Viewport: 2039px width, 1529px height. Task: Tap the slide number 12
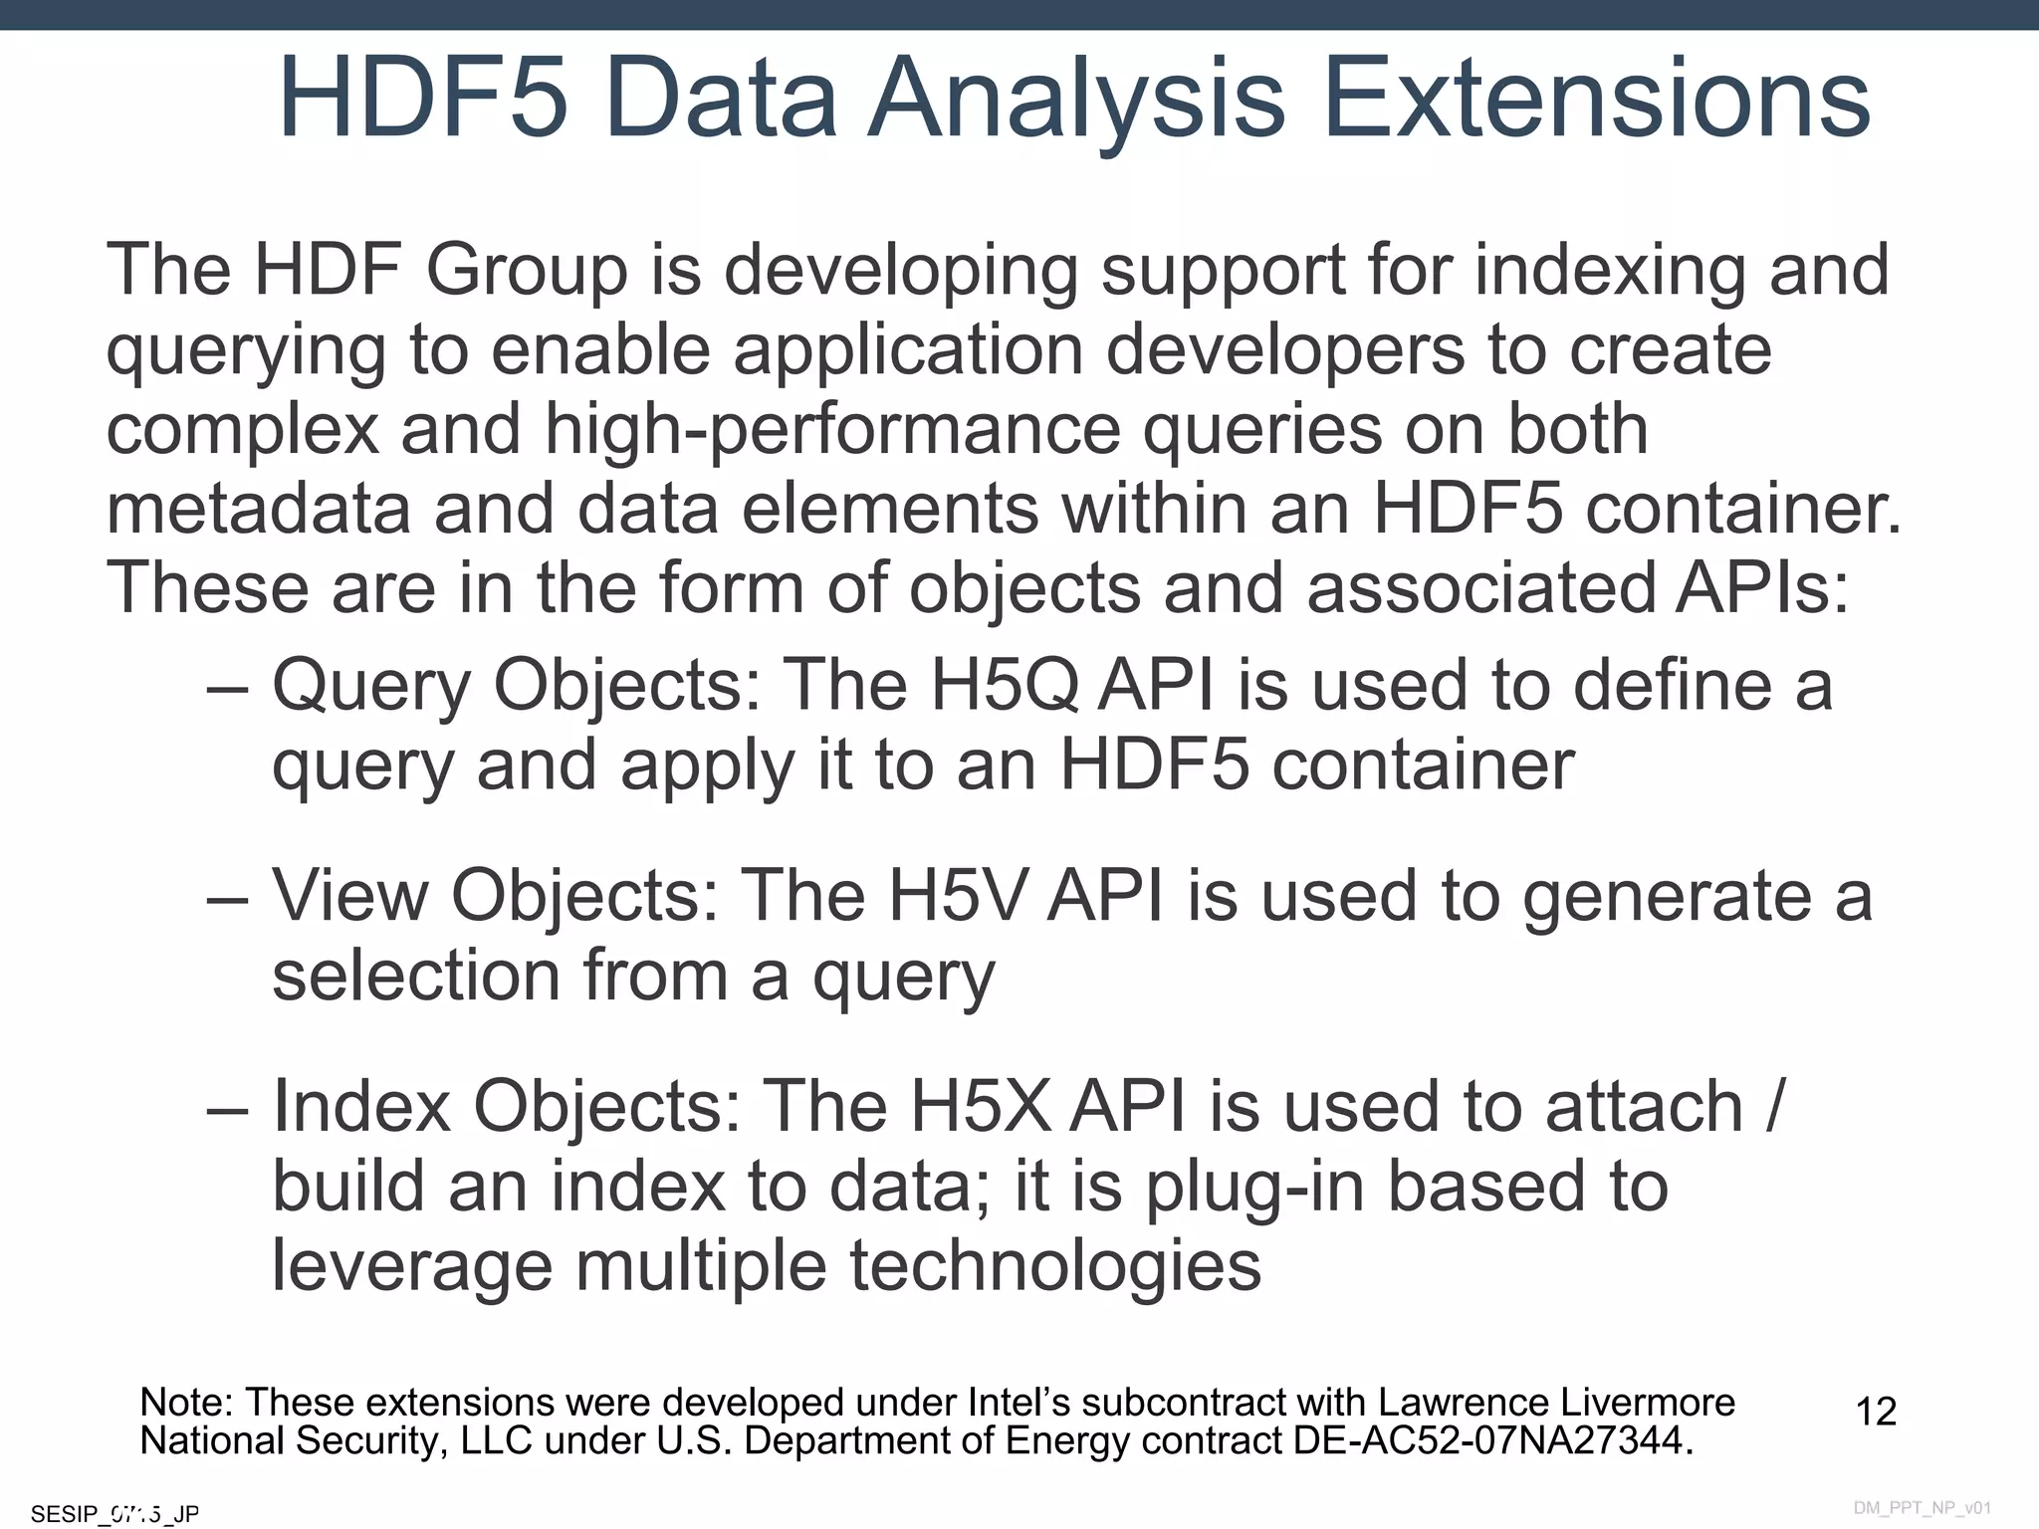1876,1412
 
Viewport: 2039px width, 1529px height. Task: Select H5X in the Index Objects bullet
981,1107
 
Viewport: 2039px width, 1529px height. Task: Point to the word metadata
258,508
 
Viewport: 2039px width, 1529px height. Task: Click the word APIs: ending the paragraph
1761,587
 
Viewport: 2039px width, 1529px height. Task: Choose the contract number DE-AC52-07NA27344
1492,1441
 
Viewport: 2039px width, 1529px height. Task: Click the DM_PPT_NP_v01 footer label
1922,1508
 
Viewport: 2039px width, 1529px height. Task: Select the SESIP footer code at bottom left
114,1514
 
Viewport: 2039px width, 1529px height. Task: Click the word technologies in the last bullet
1055,1266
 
